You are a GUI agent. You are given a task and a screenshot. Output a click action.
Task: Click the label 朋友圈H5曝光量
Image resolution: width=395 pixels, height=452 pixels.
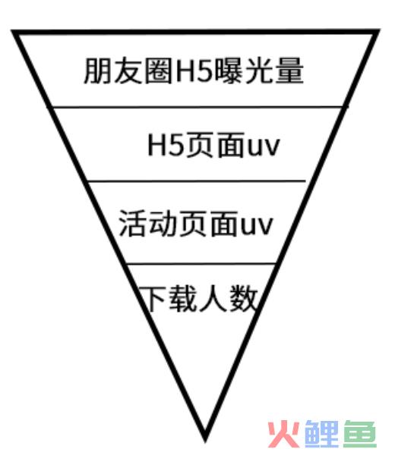(x=194, y=71)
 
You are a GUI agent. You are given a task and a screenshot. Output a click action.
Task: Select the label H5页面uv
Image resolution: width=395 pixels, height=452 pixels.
(x=213, y=145)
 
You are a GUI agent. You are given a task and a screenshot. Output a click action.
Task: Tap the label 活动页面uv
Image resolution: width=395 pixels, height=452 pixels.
(x=195, y=224)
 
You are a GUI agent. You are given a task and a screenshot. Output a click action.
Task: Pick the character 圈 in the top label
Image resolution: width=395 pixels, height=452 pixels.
(x=159, y=71)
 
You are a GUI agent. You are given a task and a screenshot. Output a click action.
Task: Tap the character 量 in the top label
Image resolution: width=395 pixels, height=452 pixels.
(x=289, y=71)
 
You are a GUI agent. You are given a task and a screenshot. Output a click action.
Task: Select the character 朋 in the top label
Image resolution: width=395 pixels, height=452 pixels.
(x=97, y=71)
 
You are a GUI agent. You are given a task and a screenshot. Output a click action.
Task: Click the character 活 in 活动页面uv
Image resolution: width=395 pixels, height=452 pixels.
(x=132, y=224)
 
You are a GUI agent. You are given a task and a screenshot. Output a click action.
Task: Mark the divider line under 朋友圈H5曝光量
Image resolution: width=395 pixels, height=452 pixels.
(x=197, y=107)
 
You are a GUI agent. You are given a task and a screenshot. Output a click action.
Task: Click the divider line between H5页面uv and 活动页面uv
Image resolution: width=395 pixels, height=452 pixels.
(x=196, y=181)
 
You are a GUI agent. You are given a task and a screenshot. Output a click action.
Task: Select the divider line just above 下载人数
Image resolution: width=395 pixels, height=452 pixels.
(x=201, y=263)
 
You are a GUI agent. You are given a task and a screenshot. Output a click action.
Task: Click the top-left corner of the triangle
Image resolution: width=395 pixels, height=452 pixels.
(x=12, y=30)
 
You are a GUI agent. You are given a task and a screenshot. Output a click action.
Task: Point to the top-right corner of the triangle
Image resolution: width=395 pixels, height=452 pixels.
(x=379, y=30)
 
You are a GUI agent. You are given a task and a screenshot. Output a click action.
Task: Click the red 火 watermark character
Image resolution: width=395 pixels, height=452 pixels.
(x=283, y=434)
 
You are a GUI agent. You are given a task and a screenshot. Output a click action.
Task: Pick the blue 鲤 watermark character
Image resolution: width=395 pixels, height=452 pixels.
(x=321, y=434)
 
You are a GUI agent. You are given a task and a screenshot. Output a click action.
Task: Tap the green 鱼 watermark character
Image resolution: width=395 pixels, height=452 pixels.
(x=360, y=434)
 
